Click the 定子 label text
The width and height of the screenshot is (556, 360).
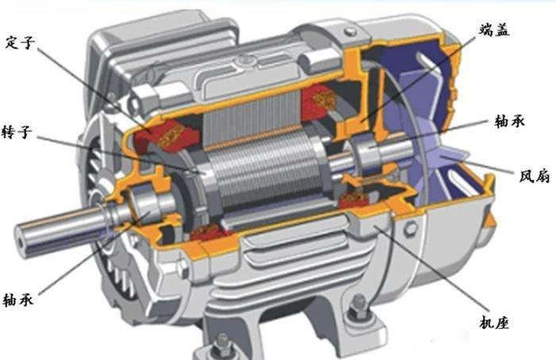tap(20, 43)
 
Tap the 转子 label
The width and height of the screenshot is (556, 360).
tap(17, 132)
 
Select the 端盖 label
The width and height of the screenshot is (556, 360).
tap(494, 30)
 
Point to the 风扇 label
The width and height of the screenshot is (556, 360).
tap(535, 176)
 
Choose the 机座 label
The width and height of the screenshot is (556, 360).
tap(494, 323)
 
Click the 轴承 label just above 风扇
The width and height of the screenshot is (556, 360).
tap(509, 121)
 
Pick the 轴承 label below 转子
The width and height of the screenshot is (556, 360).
tap(18, 300)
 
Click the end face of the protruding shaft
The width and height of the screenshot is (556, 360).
tap(23, 240)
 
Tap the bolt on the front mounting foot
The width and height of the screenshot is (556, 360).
tap(221, 343)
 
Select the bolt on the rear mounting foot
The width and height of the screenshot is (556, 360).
tap(358, 308)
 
